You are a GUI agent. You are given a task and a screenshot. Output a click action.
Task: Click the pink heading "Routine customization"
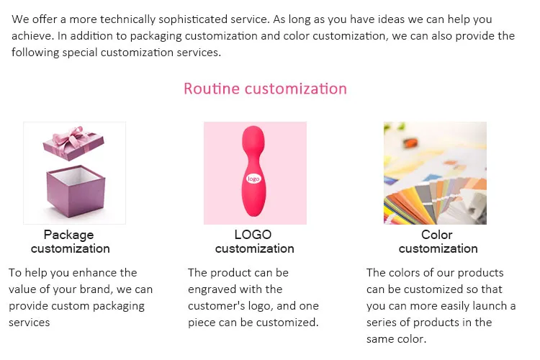[x=265, y=89]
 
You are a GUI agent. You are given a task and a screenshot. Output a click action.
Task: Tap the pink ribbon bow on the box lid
[x=71, y=137]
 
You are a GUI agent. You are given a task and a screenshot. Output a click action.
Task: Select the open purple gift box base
[x=76, y=192]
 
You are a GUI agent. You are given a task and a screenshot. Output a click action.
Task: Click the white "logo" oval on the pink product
[x=253, y=179]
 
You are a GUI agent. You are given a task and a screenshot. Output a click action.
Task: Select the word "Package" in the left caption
[x=68, y=235]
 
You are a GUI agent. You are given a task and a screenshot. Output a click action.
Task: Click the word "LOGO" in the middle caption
[x=253, y=235]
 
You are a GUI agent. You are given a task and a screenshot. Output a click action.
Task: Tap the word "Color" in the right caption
[x=437, y=235]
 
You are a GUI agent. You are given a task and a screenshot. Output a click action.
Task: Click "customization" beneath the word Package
[x=71, y=248]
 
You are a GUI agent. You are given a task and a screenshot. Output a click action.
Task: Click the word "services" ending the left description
[x=30, y=323]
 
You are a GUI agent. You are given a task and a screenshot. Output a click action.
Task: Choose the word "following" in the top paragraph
[x=35, y=53]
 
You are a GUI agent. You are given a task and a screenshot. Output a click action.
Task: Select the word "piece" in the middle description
[x=202, y=323]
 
